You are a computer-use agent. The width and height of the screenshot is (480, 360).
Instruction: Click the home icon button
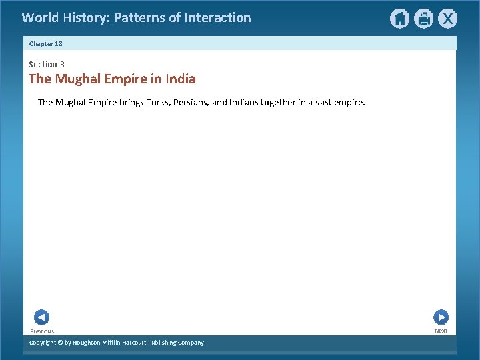(x=399, y=19)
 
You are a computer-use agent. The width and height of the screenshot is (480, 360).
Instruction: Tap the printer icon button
(x=423, y=19)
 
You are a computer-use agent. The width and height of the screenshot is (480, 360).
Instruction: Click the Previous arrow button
(x=41, y=317)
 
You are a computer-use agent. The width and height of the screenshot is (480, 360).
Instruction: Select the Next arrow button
(x=441, y=317)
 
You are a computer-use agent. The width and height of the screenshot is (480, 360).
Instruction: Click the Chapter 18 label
(x=45, y=43)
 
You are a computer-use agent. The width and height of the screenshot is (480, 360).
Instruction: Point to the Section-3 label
(x=46, y=65)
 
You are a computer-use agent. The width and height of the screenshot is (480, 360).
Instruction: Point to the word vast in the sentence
(x=317, y=103)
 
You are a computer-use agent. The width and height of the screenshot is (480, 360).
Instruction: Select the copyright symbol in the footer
(x=59, y=343)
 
